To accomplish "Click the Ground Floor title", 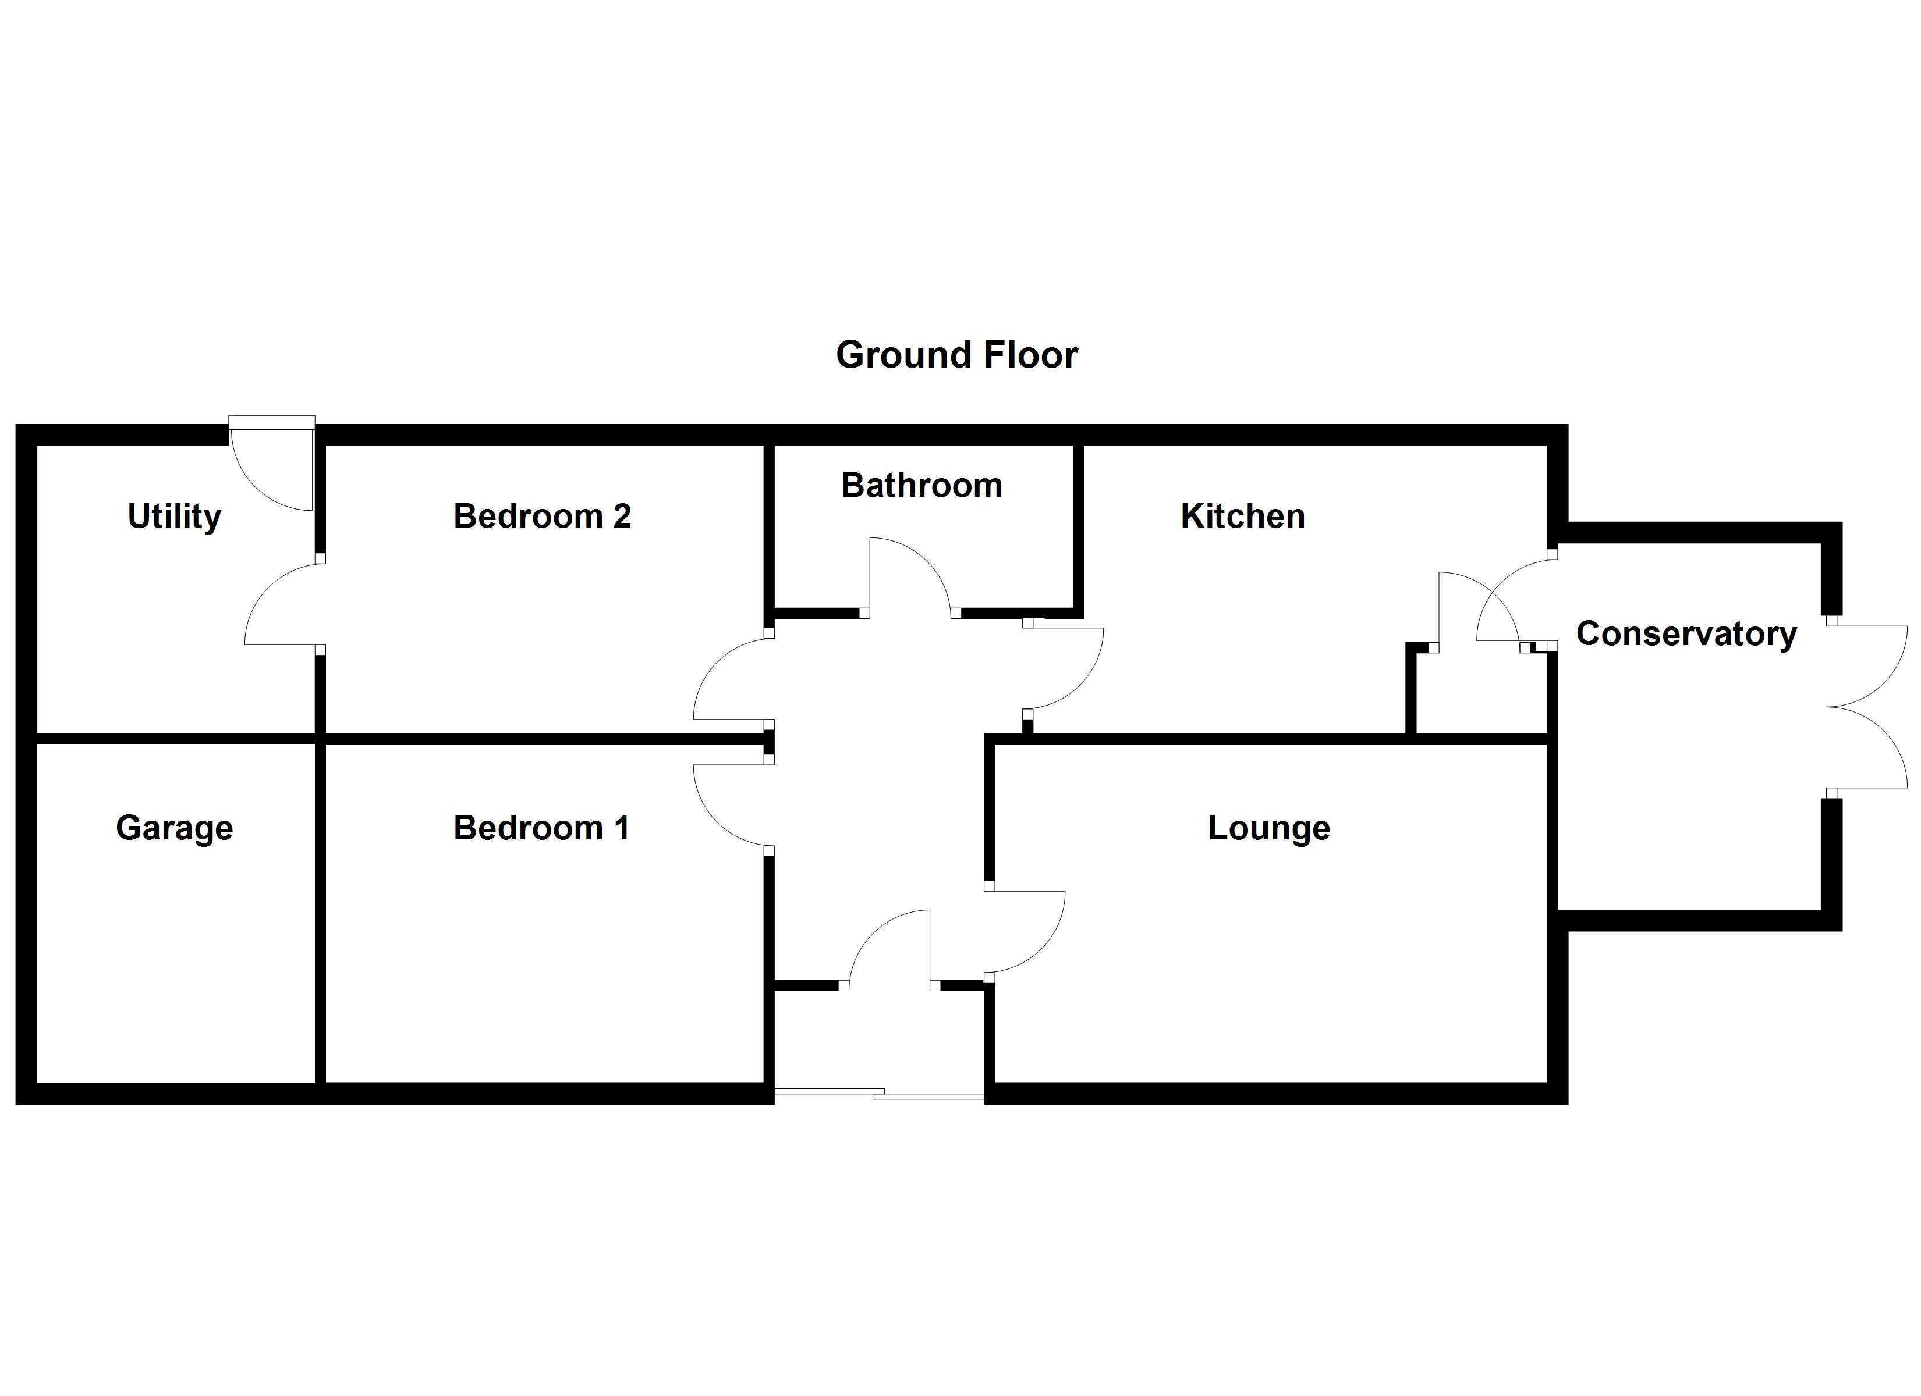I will pos(956,355).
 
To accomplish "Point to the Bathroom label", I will pos(921,485).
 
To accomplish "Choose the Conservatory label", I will pos(1686,633).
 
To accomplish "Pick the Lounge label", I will pos(1268,827).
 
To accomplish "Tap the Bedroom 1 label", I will pos(541,827).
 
